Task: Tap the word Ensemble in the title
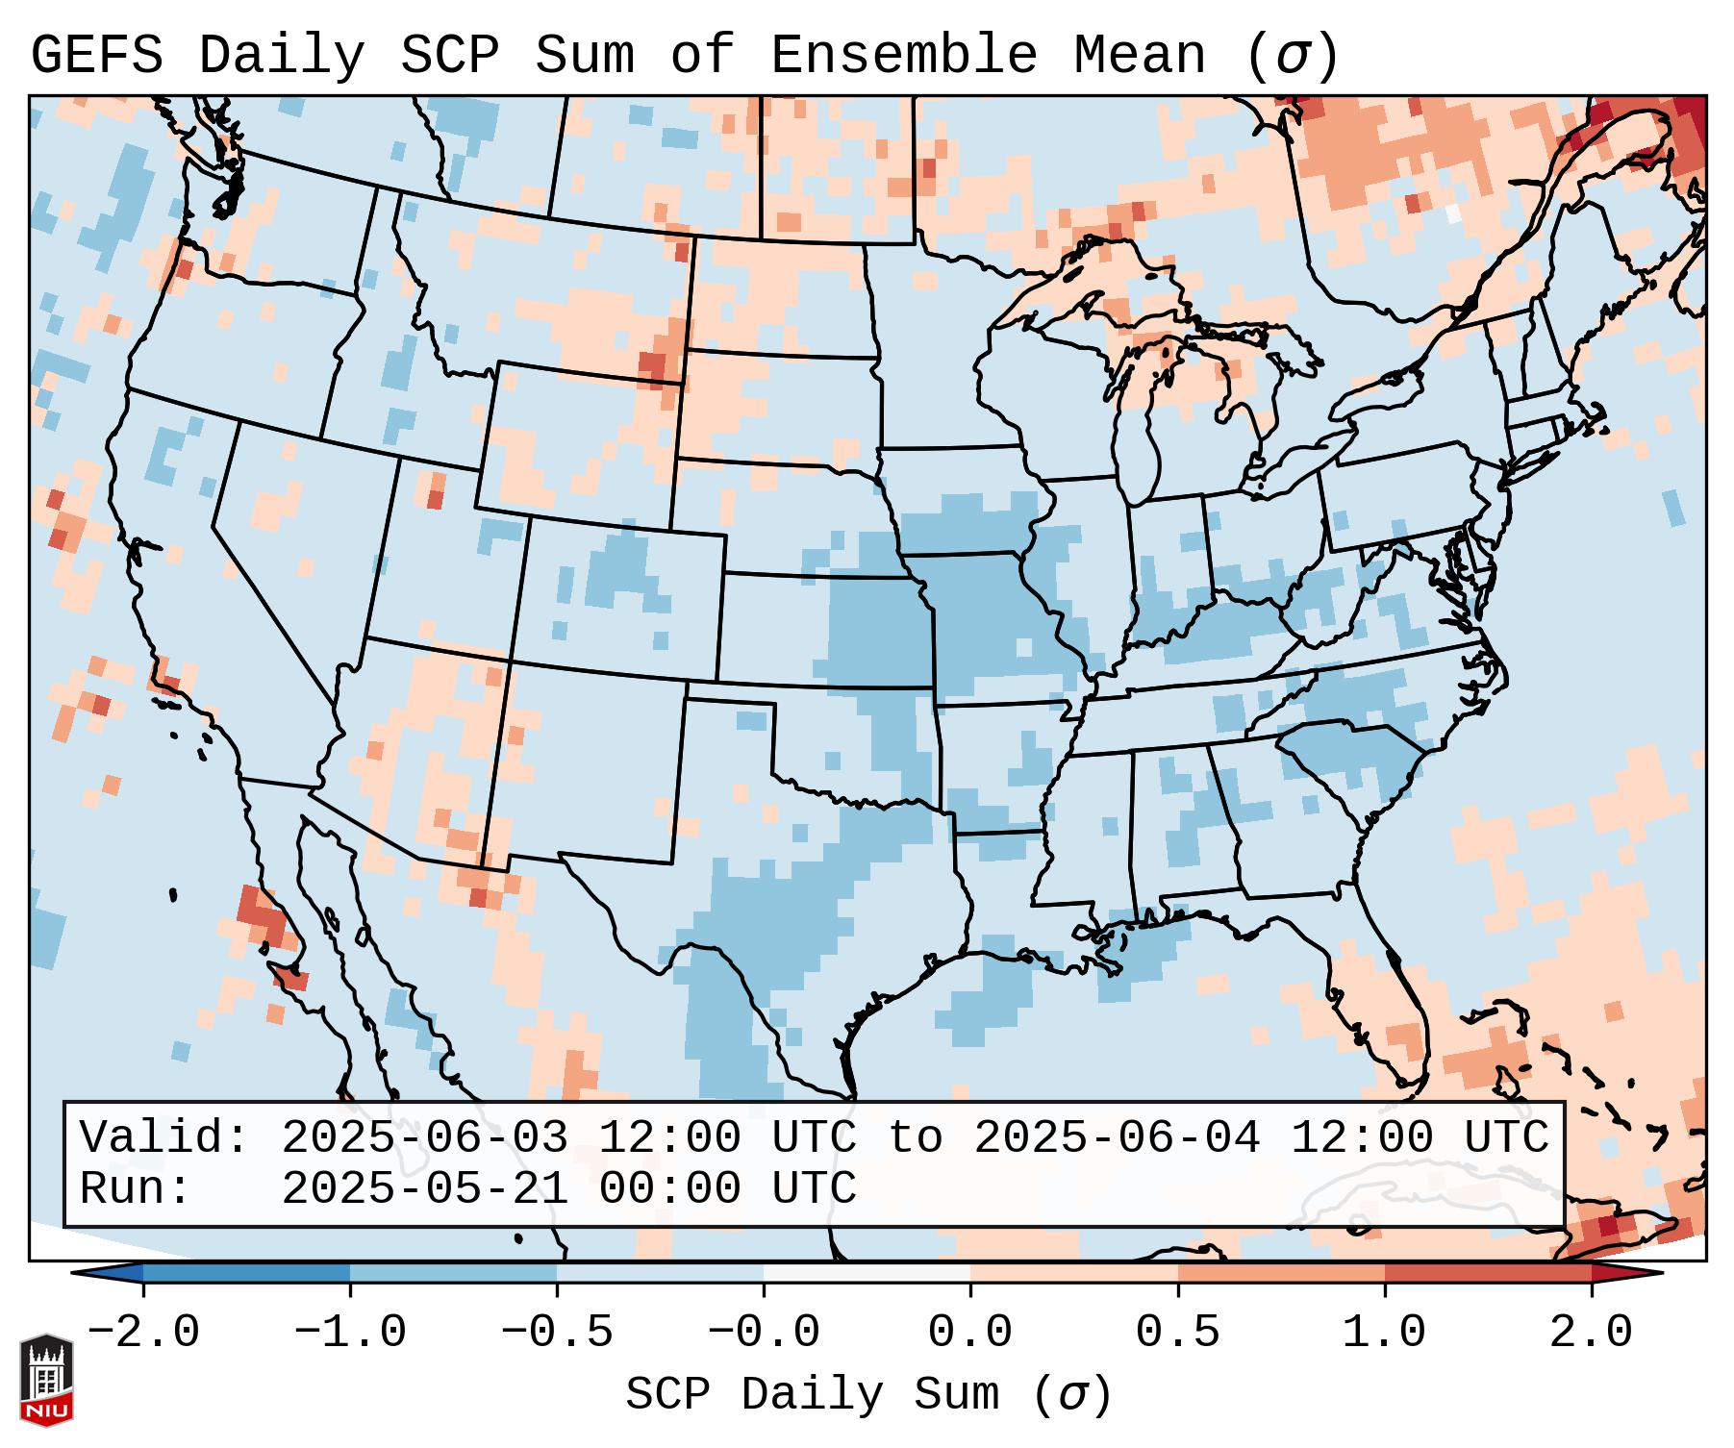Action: pyautogui.click(x=903, y=56)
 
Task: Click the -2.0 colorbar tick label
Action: pyautogui.click(x=143, y=1333)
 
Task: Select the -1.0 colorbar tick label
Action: pyautogui.click(x=350, y=1333)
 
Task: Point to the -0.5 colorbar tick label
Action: pyautogui.click(x=557, y=1333)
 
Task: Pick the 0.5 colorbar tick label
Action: pyautogui.click(x=1177, y=1333)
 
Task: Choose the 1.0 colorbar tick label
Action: pyautogui.click(x=1384, y=1333)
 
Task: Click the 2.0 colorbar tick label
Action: pyautogui.click(x=1591, y=1333)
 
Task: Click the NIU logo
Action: pyautogui.click(x=46, y=1380)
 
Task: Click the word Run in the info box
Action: pyautogui.click(x=125, y=1189)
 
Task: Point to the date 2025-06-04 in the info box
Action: pyautogui.click(x=1117, y=1138)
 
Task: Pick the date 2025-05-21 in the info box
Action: pyautogui.click(x=424, y=1189)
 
